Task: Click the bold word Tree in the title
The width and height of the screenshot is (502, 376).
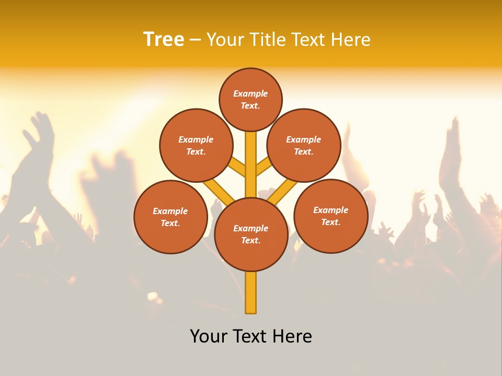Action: [164, 40]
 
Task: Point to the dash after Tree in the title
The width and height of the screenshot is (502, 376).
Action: [195, 40]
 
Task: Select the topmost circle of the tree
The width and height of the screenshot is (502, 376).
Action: [250, 99]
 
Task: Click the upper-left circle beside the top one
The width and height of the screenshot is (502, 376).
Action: [196, 145]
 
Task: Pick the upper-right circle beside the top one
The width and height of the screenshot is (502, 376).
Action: [304, 145]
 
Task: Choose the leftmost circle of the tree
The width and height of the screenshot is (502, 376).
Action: [170, 217]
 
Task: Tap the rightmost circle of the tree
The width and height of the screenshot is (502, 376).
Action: [330, 216]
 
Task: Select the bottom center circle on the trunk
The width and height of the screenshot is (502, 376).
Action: [251, 234]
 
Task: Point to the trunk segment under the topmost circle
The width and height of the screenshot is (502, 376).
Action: [251, 157]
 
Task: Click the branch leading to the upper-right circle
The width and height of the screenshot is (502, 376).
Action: [264, 167]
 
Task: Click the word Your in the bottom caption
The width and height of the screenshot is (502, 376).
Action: [209, 336]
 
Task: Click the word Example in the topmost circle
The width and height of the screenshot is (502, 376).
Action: [250, 93]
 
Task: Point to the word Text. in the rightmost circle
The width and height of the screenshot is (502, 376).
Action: [330, 222]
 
